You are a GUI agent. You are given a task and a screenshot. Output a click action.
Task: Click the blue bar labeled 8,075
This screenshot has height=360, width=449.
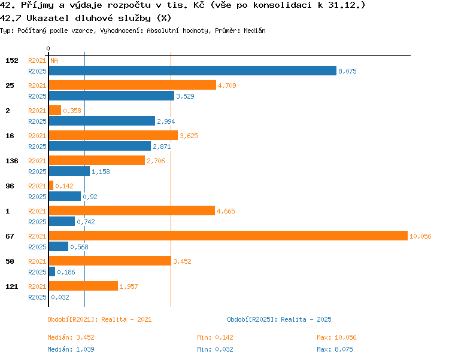click(192, 71)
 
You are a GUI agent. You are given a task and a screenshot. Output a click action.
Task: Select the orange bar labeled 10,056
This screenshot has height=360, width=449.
click(228, 236)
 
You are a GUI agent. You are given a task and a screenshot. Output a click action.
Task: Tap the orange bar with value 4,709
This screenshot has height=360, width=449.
click(132, 85)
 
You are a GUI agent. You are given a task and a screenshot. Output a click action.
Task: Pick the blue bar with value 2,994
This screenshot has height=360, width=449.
click(102, 121)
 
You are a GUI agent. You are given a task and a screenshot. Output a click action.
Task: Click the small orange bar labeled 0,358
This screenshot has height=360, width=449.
click(55, 110)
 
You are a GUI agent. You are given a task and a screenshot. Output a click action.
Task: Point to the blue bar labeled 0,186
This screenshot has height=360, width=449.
click(52, 271)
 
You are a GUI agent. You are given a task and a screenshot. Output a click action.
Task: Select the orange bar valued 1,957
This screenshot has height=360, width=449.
click(83, 286)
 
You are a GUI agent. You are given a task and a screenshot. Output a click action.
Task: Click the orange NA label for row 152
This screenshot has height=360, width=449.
click(54, 60)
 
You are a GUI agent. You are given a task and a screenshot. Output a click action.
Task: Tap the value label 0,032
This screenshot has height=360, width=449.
click(60, 297)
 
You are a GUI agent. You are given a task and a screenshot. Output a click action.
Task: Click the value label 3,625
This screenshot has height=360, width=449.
click(189, 136)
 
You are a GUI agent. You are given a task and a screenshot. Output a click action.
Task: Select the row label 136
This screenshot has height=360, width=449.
click(12, 161)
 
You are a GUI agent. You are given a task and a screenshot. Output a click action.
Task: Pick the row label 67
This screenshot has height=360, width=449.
click(10, 236)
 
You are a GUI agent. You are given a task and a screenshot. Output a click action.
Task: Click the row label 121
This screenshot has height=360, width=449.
click(12, 286)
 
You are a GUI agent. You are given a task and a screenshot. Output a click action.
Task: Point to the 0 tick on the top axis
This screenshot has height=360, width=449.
click(48, 48)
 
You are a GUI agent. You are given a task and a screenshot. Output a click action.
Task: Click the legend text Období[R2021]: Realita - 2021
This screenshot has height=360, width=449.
click(99, 319)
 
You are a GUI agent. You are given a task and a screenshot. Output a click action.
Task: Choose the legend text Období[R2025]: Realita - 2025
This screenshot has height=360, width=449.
click(279, 319)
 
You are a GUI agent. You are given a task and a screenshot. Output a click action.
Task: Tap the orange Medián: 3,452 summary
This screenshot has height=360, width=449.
click(71, 337)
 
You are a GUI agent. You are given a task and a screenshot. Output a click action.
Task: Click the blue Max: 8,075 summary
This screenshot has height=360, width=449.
click(335, 349)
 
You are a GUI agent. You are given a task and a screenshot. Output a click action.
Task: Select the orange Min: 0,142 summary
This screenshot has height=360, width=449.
click(215, 337)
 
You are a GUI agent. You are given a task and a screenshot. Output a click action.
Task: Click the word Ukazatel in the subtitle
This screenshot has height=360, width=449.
click(47, 19)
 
